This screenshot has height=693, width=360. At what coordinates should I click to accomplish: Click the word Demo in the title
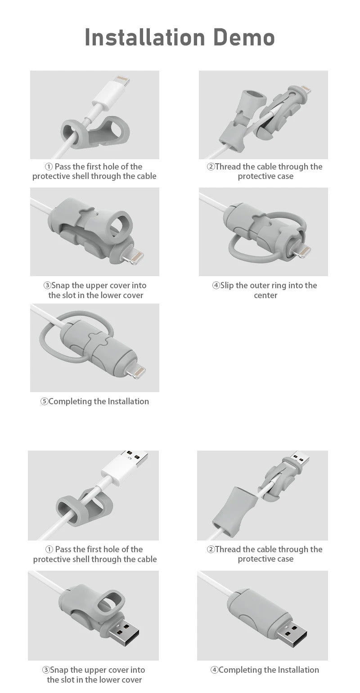(244, 37)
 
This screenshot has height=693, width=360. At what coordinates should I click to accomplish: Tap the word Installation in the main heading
(145, 37)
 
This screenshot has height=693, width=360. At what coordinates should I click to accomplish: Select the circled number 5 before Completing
(44, 402)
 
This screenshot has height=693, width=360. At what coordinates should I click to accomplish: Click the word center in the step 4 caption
(265, 295)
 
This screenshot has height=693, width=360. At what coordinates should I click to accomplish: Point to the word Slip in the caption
(227, 286)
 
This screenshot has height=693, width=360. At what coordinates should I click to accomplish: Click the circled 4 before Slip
(216, 285)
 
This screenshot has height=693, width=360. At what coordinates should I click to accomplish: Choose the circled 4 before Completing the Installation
(215, 670)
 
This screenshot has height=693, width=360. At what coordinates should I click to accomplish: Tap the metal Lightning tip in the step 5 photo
(137, 371)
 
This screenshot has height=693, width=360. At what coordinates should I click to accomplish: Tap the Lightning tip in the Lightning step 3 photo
(134, 257)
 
